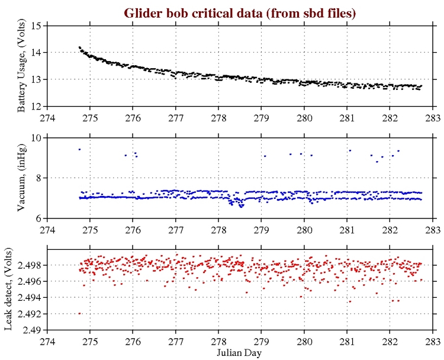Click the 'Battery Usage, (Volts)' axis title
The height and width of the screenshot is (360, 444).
point(21,66)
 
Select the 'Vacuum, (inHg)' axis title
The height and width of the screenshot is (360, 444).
point(21,178)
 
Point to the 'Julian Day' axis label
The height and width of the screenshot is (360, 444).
point(240,352)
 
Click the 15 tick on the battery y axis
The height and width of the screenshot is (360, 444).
point(37,26)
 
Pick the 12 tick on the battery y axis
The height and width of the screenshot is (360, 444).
point(37,106)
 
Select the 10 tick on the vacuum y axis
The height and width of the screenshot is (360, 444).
point(37,138)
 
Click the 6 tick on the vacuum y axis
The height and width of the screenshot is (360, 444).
point(39,218)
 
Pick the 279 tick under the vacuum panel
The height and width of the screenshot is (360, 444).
point(262,229)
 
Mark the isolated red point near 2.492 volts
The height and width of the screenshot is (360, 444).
point(79,313)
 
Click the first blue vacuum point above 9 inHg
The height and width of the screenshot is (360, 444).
point(79,149)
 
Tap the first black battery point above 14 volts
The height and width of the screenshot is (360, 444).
point(79,47)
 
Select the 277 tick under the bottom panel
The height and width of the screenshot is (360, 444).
point(176,340)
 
